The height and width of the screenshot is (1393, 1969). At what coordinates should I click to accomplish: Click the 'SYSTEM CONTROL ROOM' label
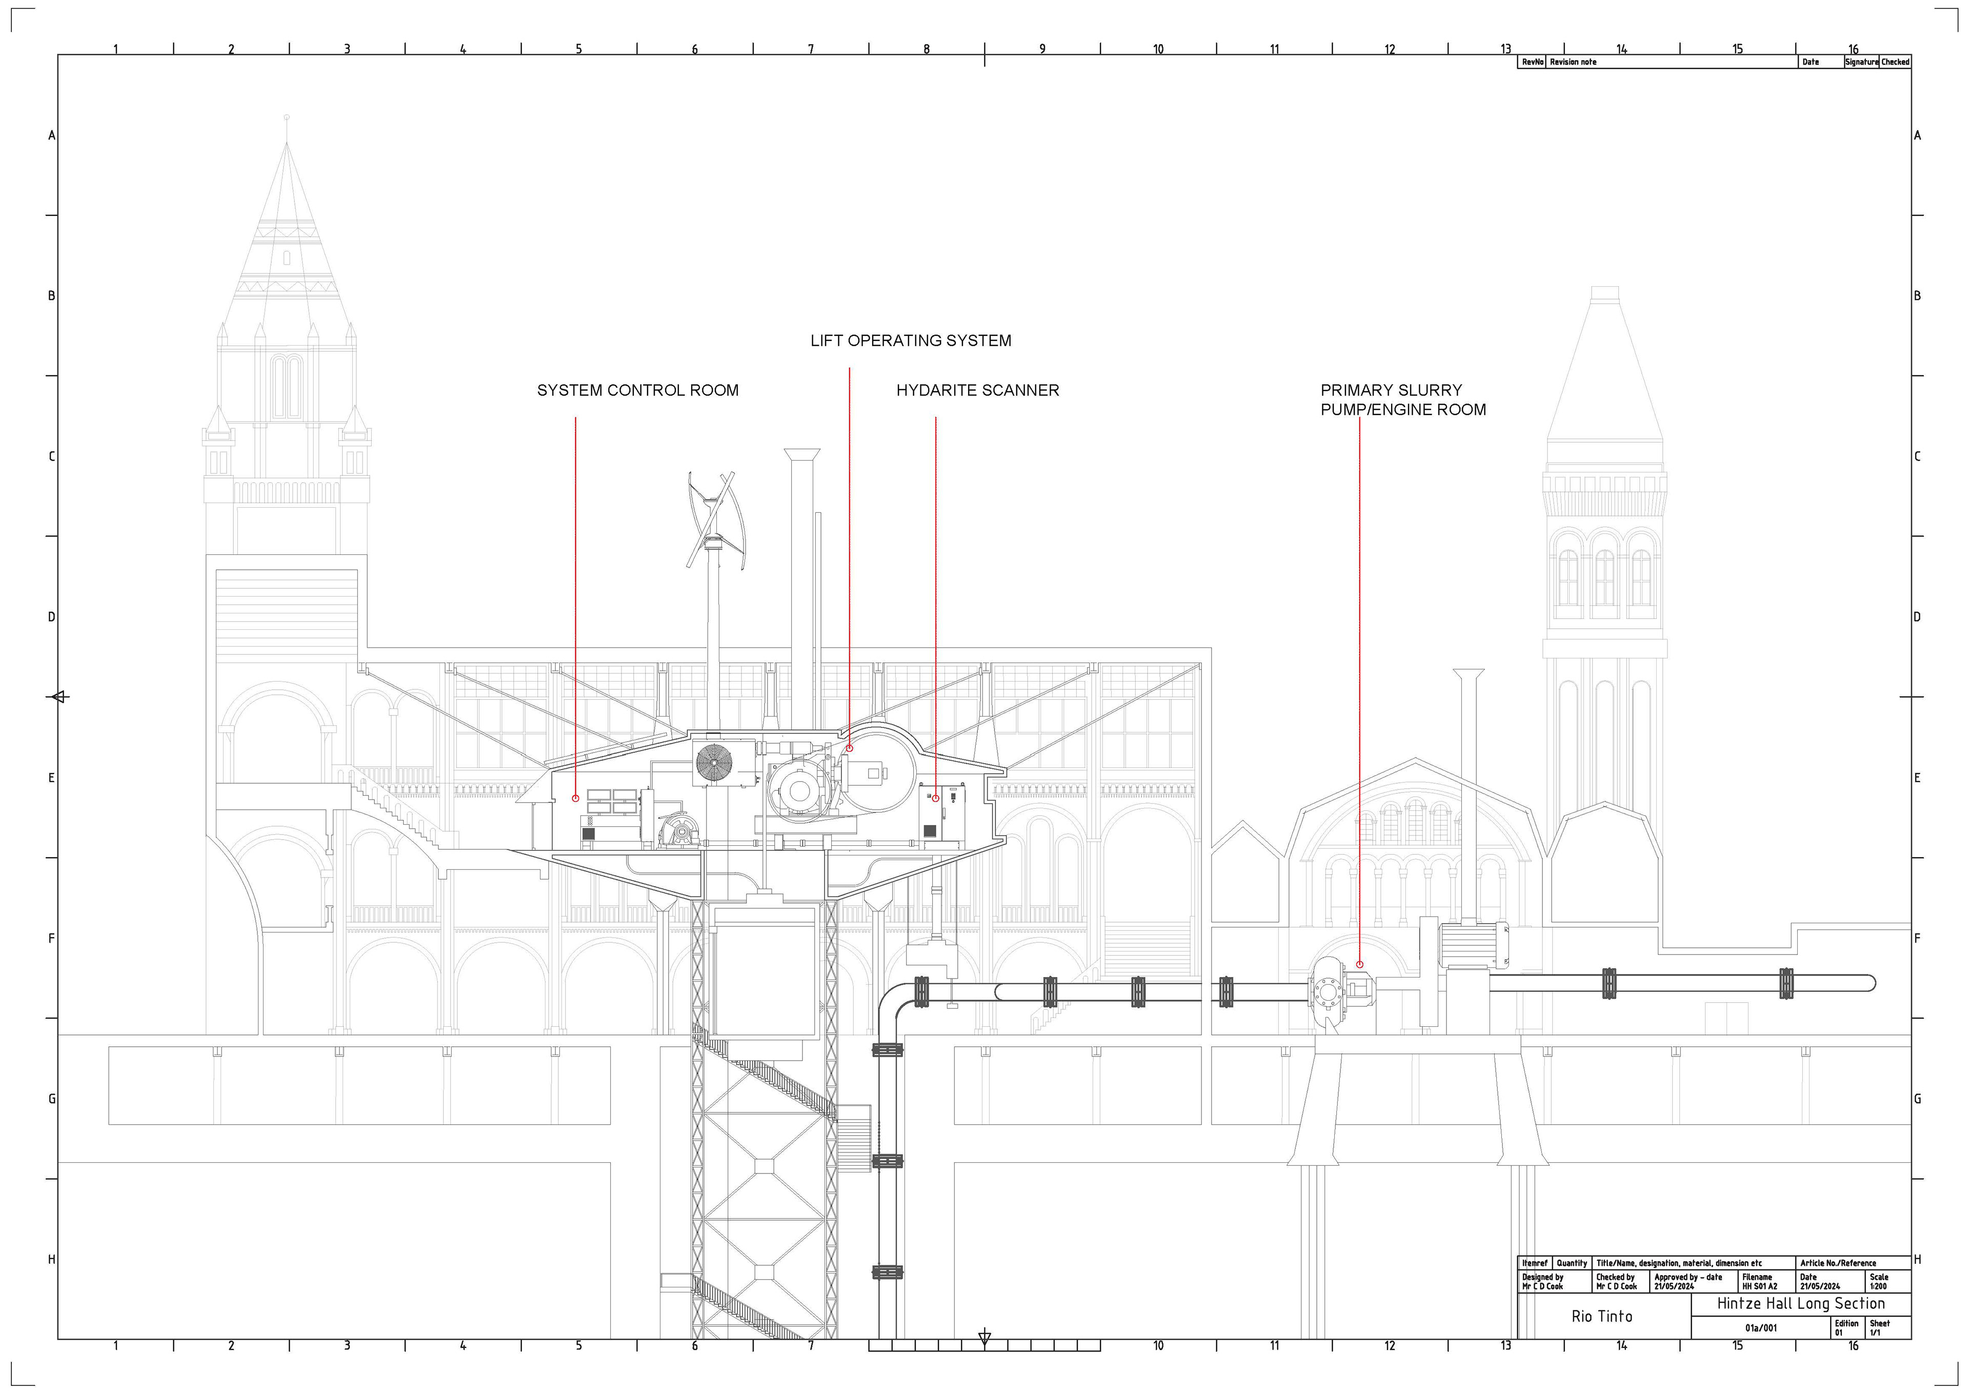[x=637, y=390]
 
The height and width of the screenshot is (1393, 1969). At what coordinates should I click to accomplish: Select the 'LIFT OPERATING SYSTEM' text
[x=911, y=341]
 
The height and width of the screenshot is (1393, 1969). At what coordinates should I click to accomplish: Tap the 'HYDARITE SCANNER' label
[x=978, y=390]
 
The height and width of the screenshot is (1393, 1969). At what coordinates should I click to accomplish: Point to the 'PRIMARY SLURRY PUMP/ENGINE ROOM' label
[x=1403, y=400]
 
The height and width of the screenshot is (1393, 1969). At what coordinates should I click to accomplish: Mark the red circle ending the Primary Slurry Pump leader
[x=1359, y=964]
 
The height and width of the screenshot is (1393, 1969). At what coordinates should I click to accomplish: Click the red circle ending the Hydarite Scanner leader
[x=936, y=799]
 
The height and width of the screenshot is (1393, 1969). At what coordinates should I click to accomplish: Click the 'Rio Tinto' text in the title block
[x=1602, y=1316]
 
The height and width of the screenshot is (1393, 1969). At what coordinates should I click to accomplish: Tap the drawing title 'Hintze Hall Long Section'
[x=1801, y=1303]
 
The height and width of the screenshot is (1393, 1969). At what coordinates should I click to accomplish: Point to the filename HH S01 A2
[x=1760, y=1286]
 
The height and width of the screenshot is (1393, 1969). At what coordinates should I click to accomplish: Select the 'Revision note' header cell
[x=1574, y=62]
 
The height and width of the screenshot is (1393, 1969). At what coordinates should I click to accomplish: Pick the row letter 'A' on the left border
[x=51, y=135]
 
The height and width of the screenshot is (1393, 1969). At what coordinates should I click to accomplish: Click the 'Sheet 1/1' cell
[x=1879, y=1328]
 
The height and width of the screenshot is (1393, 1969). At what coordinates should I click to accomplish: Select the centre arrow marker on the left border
[x=58, y=696]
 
